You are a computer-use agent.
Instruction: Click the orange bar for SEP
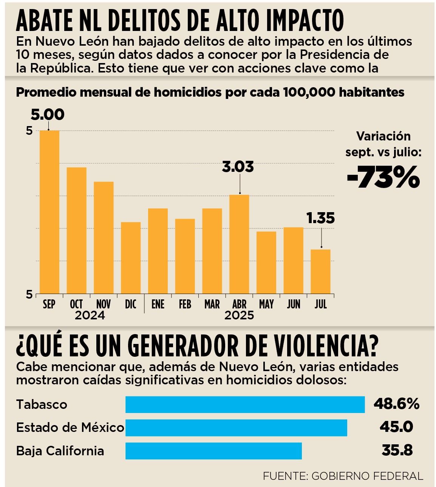(x=49, y=212)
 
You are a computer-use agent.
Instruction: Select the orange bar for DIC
(x=131, y=257)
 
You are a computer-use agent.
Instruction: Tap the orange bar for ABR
(x=239, y=244)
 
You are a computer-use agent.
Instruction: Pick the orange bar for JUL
(x=320, y=271)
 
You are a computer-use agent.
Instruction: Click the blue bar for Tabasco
(x=245, y=404)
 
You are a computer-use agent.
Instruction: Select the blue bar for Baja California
(x=213, y=451)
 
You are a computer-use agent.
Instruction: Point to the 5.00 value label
(x=48, y=114)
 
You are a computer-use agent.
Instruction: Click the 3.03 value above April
(x=238, y=166)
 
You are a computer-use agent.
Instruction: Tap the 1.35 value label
(x=320, y=218)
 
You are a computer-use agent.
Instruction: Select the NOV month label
(x=104, y=304)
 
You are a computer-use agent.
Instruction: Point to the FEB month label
(x=185, y=304)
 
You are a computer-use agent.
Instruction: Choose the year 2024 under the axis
(x=90, y=315)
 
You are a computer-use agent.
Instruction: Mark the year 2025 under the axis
(x=239, y=315)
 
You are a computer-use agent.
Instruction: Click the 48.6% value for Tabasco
(x=396, y=404)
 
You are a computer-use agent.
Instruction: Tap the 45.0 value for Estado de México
(x=396, y=427)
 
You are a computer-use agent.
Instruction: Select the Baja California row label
(x=60, y=451)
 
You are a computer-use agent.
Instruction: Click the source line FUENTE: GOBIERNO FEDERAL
(x=343, y=476)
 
